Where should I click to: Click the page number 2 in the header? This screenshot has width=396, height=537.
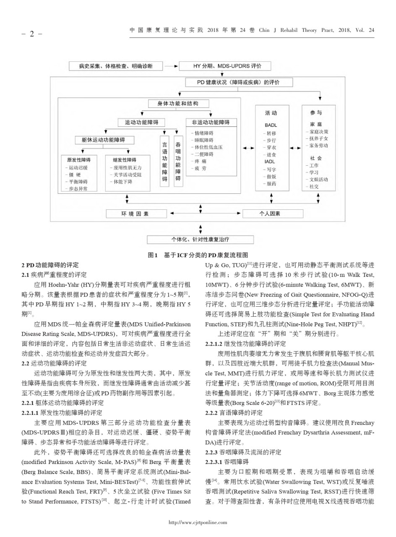[x=31, y=34]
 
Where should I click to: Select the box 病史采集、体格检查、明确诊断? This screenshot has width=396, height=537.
[x=115, y=66]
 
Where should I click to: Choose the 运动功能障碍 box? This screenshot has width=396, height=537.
[x=141, y=123]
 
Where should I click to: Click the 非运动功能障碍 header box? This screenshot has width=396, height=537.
[x=211, y=123]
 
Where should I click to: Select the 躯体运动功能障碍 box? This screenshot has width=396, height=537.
[x=103, y=140]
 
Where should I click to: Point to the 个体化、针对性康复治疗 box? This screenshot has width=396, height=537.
[x=200, y=240]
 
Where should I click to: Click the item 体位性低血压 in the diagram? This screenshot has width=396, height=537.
[x=208, y=147]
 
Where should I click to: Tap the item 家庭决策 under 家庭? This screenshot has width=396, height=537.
[x=318, y=132]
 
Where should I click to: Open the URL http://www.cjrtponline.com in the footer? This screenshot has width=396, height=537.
[x=198, y=522]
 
